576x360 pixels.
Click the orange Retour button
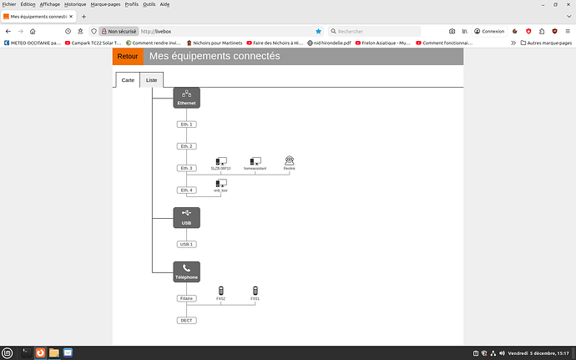pyautogui.click(x=128, y=57)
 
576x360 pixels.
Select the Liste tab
pyautogui.click(x=151, y=80)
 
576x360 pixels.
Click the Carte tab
pyautogui.click(x=127, y=80)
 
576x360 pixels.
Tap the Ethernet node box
pyautogui.click(x=187, y=98)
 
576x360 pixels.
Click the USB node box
pyautogui.click(x=187, y=217)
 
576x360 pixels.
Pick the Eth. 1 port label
pyautogui.click(x=187, y=124)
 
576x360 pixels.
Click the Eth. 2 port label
pyautogui.click(x=187, y=146)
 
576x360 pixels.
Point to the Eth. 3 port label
pyautogui.click(x=187, y=168)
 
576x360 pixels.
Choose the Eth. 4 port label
pyautogui.click(x=187, y=190)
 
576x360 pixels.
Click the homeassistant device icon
pyautogui.click(x=255, y=161)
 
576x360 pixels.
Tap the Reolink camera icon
pyautogui.click(x=290, y=161)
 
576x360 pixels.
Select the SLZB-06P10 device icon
pyautogui.click(x=220, y=161)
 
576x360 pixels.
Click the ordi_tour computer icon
pyautogui.click(x=220, y=183)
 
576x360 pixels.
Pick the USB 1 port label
pyautogui.click(x=187, y=244)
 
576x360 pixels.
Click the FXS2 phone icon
pyautogui.click(x=220, y=291)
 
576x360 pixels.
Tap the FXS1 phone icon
pyautogui.click(x=255, y=291)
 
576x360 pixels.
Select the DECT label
pyautogui.click(x=187, y=320)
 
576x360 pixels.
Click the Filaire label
pyautogui.click(x=187, y=298)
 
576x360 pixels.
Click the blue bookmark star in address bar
pyautogui.click(x=318, y=31)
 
